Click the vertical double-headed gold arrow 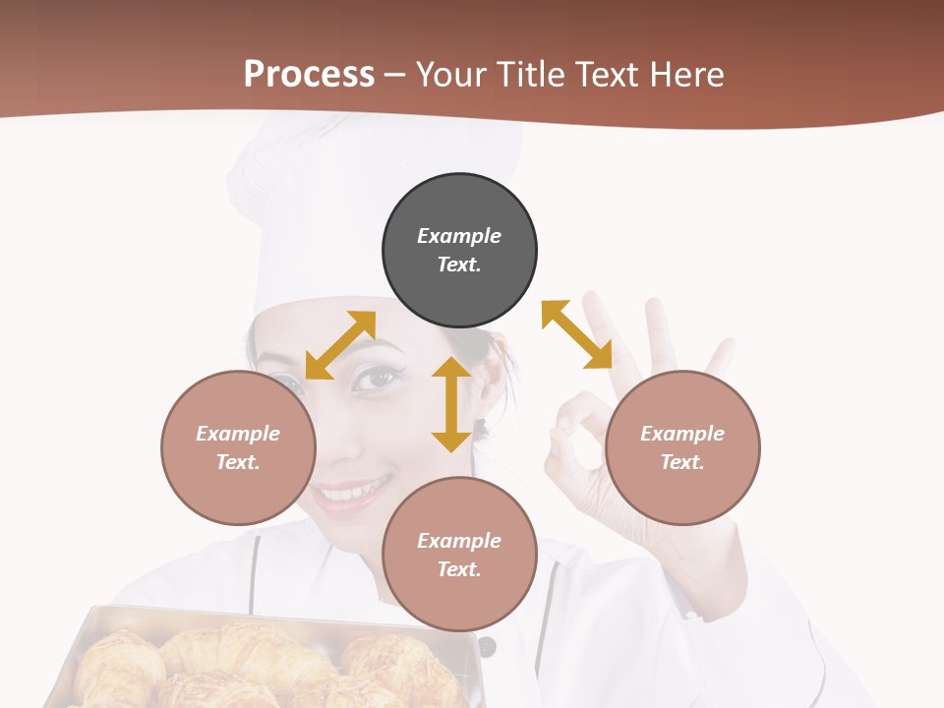click(x=451, y=404)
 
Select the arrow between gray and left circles click(x=340, y=344)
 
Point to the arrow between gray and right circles click(x=577, y=334)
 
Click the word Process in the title click(x=309, y=75)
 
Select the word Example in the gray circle click(x=459, y=236)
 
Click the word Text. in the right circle click(x=682, y=462)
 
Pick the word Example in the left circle click(x=238, y=434)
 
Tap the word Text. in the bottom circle click(x=459, y=569)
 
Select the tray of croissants click(x=265, y=664)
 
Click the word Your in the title click(x=453, y=75)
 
